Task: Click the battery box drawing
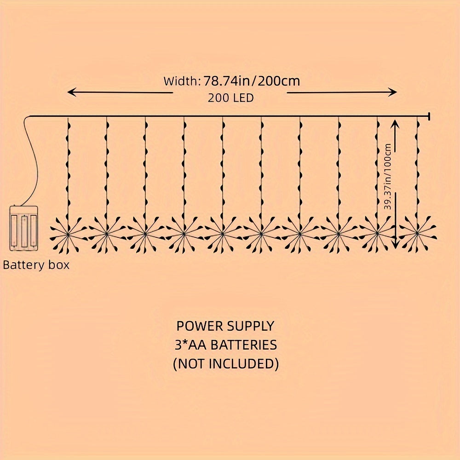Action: (23, 229)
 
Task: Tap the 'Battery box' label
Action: (36, 265)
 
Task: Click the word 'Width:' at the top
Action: (182, 81)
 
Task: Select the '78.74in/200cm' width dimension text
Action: (252, 80)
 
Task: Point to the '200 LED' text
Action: (230, 98)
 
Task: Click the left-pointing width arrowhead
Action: (72, 92)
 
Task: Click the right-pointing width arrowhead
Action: (392, 92)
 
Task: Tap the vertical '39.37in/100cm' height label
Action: (388, 176)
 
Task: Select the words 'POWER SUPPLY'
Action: (225, 326)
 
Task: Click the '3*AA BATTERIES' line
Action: (225, 345)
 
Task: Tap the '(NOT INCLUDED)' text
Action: (225, 364)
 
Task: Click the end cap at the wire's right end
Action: (429, 116)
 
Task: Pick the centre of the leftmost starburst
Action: (68, 234)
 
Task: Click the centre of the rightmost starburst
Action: (417, 234)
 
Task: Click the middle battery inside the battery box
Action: (23, 231)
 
